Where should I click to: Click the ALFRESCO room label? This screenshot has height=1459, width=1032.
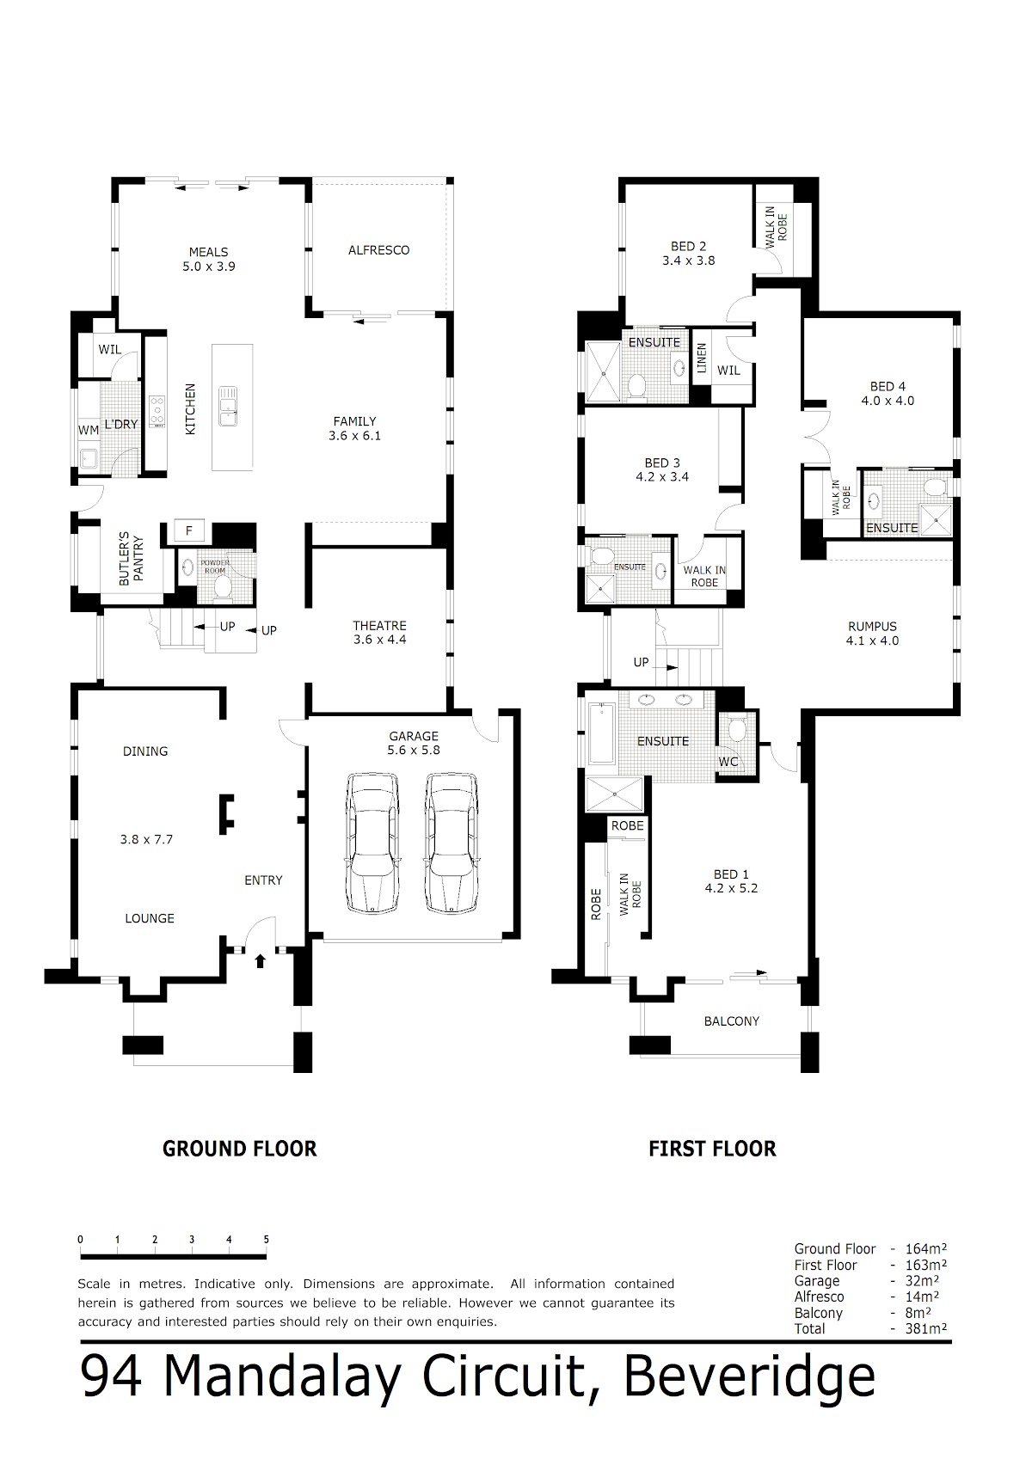(378, 250)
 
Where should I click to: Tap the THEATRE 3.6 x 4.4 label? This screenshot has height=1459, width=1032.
(380, 633)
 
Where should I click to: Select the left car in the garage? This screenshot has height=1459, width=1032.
(372, 843)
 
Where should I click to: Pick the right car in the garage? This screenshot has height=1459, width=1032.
(451, 843)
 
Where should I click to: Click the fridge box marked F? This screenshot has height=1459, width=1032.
(189, 530)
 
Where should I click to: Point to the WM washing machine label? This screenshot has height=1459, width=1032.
(88, 430)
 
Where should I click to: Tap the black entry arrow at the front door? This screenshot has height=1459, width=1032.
(260, 960)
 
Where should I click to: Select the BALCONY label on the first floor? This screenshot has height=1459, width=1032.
(732, 1021)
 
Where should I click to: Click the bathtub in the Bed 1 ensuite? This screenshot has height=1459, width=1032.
(600, 733)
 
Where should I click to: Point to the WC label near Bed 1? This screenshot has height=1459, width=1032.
(728, 762)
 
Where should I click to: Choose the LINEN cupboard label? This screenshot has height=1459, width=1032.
(701, 359)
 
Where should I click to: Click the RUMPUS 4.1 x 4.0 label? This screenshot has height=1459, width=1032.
(872, 633)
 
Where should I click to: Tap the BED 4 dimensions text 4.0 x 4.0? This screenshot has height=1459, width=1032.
(888, 402)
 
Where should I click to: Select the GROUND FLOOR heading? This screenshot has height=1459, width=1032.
(240, 1149)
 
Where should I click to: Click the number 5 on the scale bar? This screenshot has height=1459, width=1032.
(266, 1240)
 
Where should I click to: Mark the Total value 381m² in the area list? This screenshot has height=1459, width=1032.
(926, 1328)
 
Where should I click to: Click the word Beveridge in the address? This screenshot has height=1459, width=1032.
(749, 1377)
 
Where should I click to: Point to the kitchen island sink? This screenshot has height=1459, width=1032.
(227, 407)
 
